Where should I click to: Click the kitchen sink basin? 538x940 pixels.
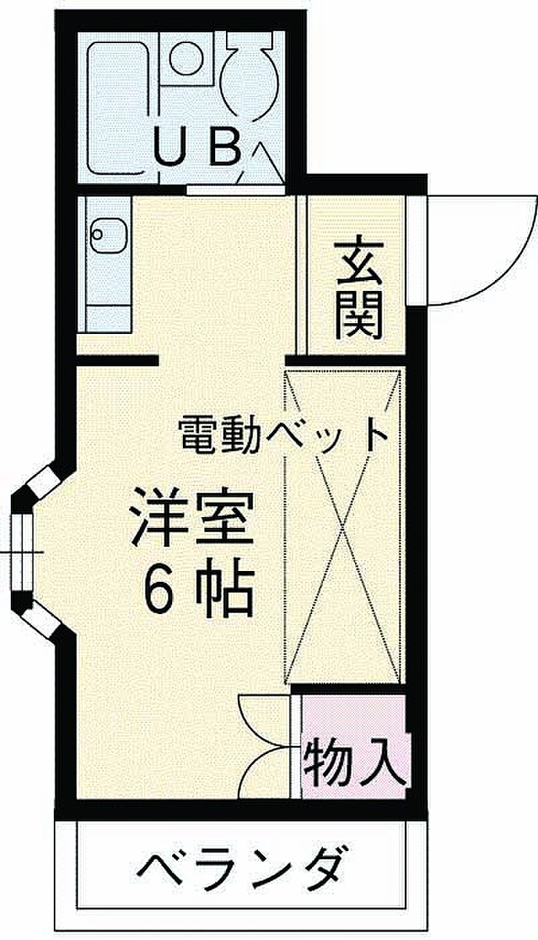point(108,236)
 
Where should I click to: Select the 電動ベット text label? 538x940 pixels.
point(282,435)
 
